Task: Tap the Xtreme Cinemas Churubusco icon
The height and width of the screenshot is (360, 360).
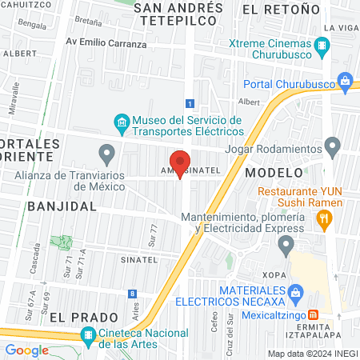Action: click(322, 46)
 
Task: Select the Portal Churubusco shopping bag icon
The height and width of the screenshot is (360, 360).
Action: click(345, 80)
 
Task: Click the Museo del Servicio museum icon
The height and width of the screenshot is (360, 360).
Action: click(121, 123)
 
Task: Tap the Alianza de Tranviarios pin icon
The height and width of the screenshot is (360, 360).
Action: click(106, 152)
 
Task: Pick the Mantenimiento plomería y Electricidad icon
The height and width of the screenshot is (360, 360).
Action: click(288, 243)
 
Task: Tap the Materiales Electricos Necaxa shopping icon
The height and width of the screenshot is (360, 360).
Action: click(295, 293)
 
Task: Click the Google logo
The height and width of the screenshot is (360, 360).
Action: click(26, 350)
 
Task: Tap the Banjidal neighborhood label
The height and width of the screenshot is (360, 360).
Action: click(61, 206)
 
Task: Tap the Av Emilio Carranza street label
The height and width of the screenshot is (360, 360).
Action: click(106, 44)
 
